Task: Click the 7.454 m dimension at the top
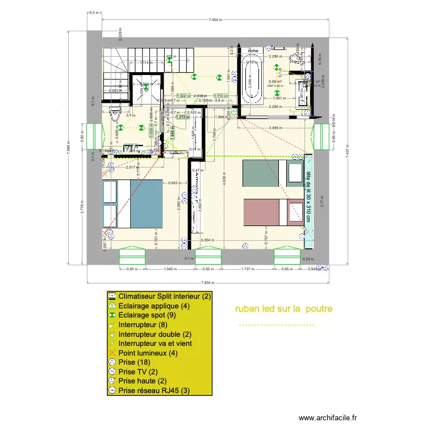click(x=215, y=19)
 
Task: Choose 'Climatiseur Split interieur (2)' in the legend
click(x=165, y=296)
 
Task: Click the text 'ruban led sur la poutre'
click(x=283, y=309)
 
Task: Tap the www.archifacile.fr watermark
click(x=329, y=417)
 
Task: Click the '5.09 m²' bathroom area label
click(x=275, y=82)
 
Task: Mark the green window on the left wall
click(x=93, y=137)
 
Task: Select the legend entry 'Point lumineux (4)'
click(x=150, y=353)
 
